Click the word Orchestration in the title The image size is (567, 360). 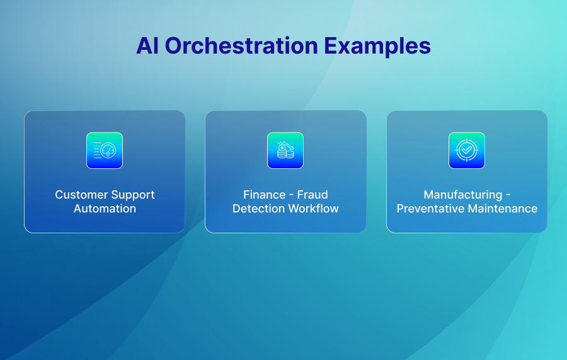[241, 45]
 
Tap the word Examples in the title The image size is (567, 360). [377, 47]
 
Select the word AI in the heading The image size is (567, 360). [147, 45]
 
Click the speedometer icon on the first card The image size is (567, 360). [105, 151]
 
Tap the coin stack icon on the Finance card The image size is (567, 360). [285, 151]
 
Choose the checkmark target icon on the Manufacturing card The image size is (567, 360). [467, 151]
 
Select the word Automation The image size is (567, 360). [105, 209]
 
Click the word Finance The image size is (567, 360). [265, 195]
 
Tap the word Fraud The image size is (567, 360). [312, 195]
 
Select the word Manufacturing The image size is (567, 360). [463, 195]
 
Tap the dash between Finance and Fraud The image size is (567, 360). [292, 195]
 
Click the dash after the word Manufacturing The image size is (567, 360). [508, 195]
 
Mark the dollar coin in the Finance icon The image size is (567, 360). [282, 148]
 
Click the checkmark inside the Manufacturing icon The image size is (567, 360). [467, 149]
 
